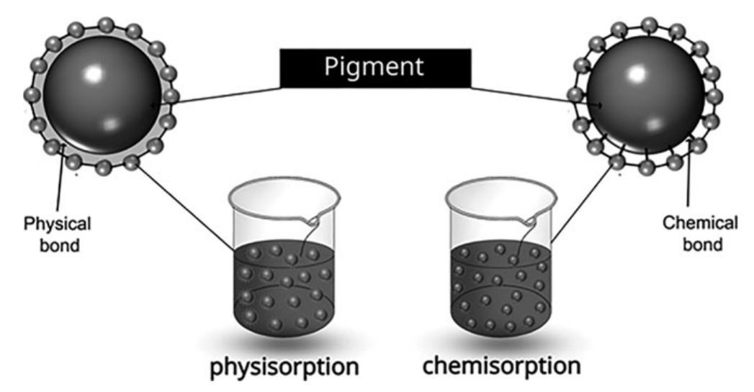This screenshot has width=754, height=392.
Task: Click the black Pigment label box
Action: [375, 68]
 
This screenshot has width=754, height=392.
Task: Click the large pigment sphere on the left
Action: [101, 94]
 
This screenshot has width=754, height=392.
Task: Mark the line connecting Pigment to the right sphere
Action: [533, 96]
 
